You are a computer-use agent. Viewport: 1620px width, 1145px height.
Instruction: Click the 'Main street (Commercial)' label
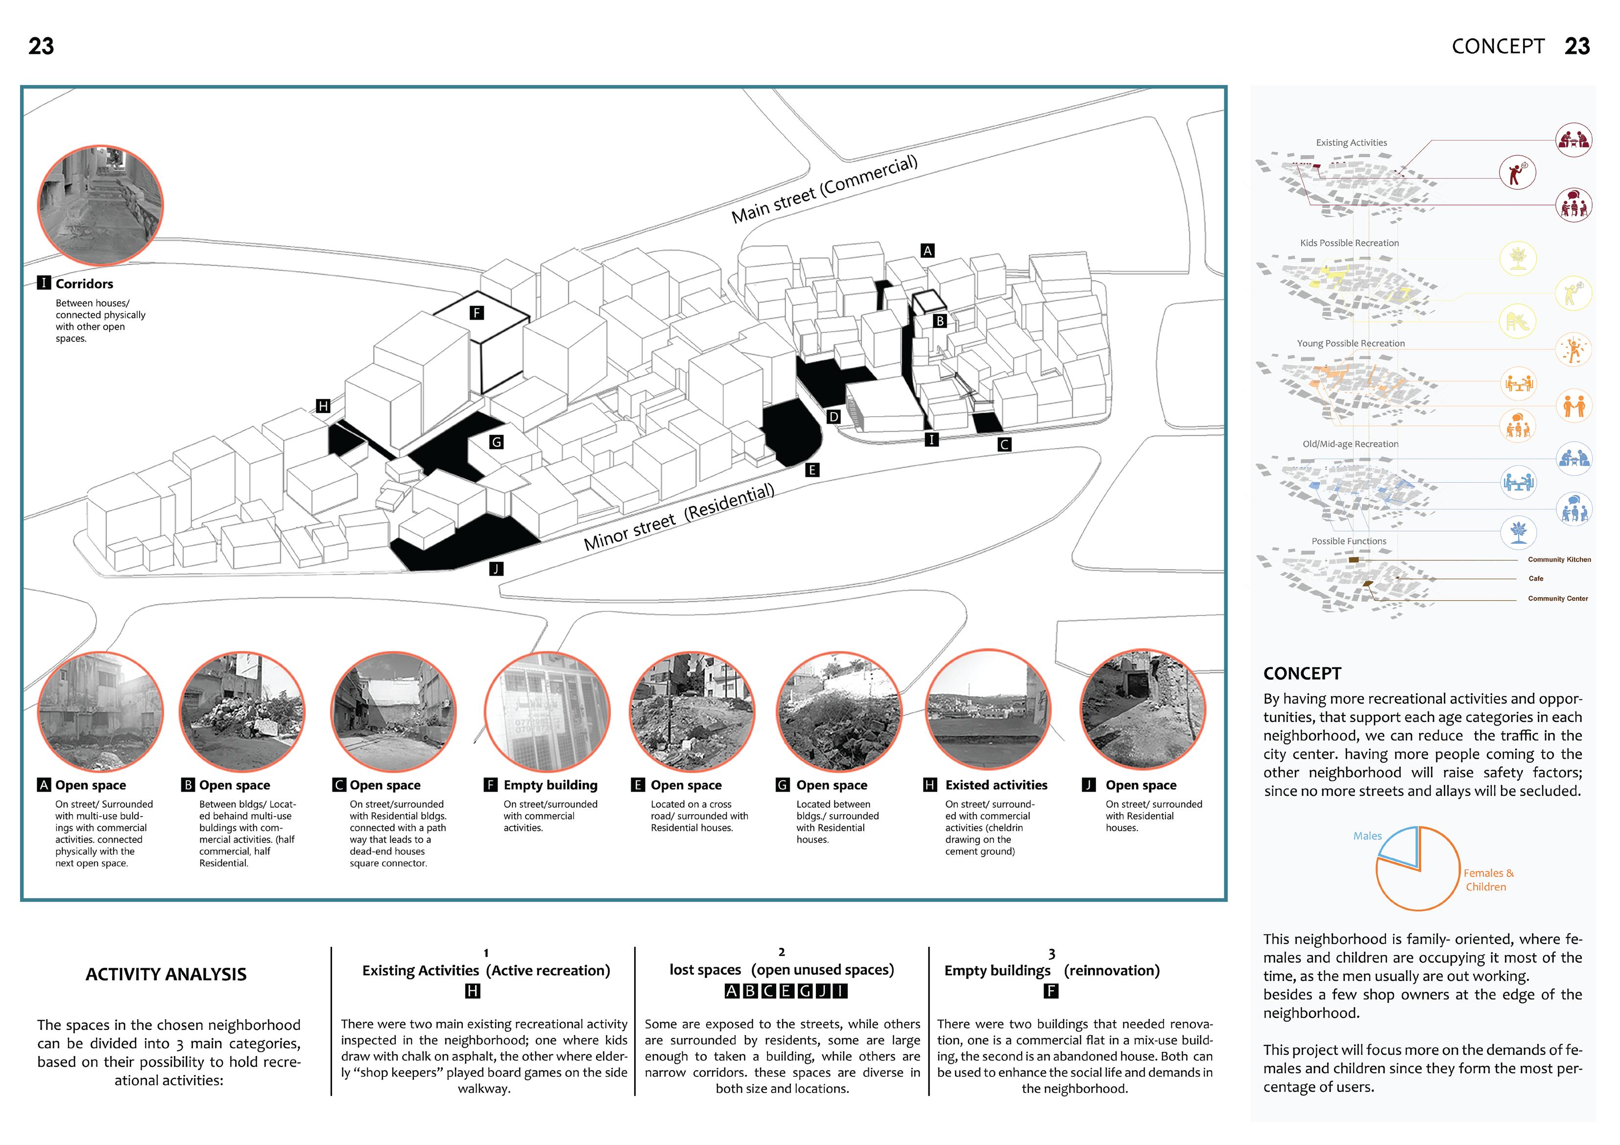click(824, 188)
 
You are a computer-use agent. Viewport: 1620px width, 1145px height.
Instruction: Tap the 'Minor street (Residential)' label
click(679, 516)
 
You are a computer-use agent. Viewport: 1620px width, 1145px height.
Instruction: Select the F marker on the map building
click(477, 312)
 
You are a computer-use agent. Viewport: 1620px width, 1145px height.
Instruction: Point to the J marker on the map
click(496, 569)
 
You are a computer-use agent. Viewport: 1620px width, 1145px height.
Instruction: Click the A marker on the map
click(927, 251)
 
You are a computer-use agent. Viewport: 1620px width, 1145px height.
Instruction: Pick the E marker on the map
click(812, 470)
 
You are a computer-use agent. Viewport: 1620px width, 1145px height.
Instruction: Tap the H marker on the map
click(323, 406)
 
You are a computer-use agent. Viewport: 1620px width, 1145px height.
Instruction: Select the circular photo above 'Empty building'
click(547, 711)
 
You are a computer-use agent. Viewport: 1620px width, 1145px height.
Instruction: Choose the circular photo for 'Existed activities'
click(988, 711)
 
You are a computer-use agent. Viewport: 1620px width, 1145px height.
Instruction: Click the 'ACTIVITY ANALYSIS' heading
click(166, 974)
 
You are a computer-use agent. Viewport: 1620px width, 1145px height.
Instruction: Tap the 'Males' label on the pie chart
click(1367, 836)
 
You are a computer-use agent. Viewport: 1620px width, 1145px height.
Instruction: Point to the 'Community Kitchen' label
click(1559, 560)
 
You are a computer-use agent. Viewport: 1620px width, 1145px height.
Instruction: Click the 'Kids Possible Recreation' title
click(1349, 243)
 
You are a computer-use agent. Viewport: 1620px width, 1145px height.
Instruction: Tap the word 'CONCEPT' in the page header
click(1497, 47)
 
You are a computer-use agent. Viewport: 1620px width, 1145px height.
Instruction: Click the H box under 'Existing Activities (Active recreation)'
click(473, 991)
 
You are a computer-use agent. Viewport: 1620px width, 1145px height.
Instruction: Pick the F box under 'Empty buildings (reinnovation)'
click(1050, 991)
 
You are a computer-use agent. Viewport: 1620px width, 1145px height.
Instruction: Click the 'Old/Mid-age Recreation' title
click(1350, 444)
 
